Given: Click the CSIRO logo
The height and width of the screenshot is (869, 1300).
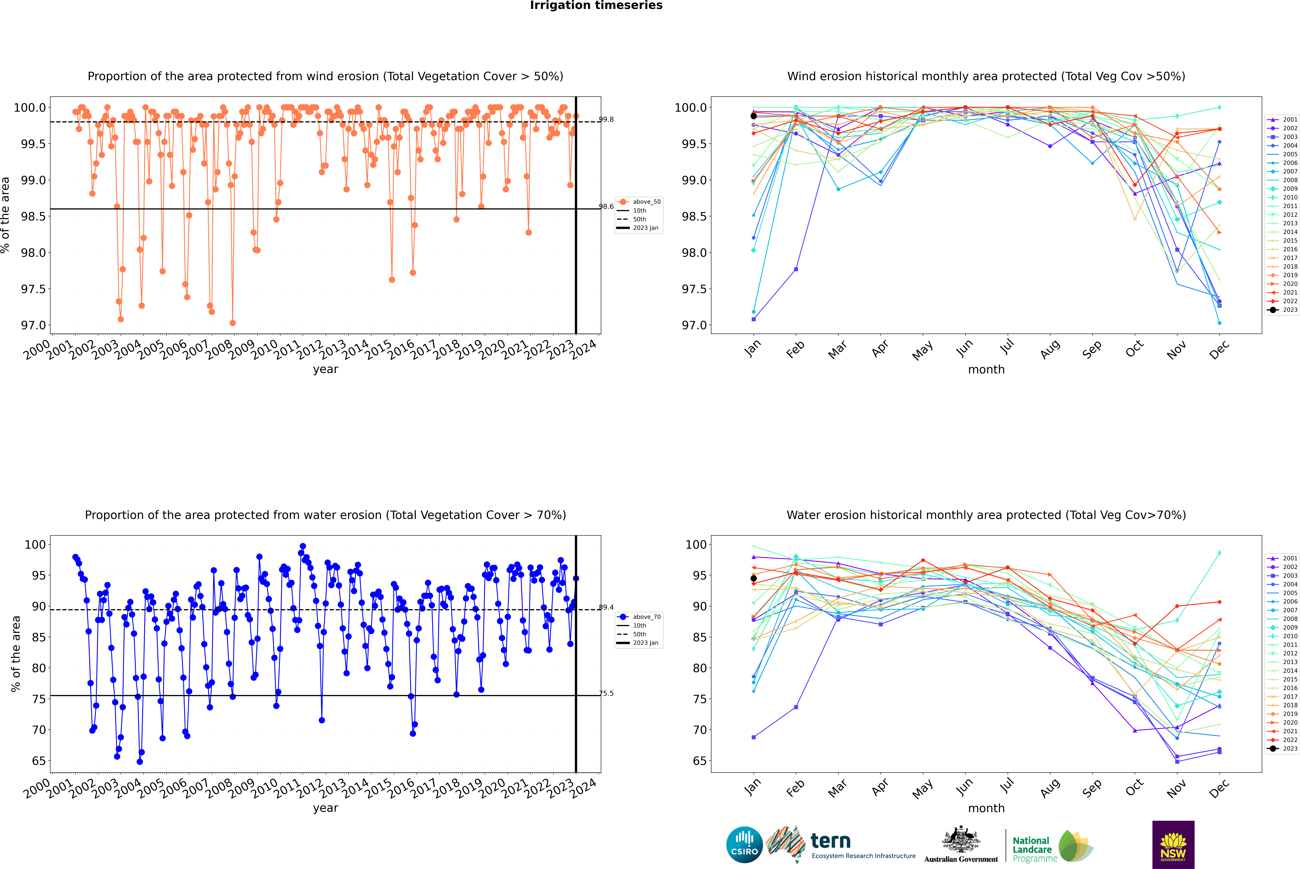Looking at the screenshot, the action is pos(744,845).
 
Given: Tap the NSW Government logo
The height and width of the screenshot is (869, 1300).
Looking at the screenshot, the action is pos(1173,845).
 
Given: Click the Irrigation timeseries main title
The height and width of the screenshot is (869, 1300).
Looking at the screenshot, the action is pos(596,6).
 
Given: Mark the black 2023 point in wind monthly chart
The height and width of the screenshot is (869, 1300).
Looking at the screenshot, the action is pos(754,116).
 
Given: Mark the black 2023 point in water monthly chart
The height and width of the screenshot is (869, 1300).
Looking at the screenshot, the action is pos(754,579).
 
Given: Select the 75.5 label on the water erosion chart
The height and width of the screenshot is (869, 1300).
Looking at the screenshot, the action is pos(607,693).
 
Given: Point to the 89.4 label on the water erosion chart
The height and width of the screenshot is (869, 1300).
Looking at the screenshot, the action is pos(607,607).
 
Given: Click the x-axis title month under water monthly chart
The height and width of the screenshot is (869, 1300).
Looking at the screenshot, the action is pos(986,808).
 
